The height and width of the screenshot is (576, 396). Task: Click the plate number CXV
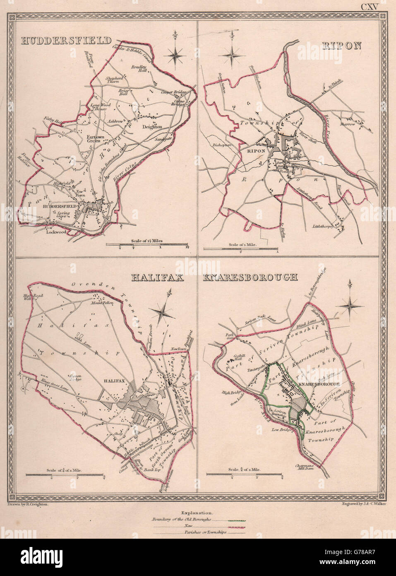[370, 7]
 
